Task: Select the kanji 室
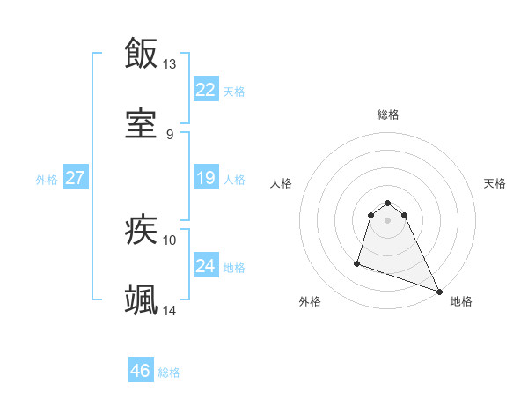(141, 124)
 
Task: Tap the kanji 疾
(141, 230)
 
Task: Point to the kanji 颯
(141, 300)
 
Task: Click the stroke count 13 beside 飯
(170, 64)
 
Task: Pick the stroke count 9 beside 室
(170, 135)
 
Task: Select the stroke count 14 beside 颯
(170, 311)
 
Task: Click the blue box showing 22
(206, 90)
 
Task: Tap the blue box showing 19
(206, 178)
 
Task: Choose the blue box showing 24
(206, 266)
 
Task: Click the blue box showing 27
(76, 178)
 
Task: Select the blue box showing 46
(141, 371)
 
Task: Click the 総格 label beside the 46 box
(170, 373)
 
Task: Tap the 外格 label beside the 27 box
(47, 180)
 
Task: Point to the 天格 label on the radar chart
(495, 183)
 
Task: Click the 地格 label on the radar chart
(461, 302)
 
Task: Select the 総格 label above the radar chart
(388, 115)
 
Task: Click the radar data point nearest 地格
(438, 292)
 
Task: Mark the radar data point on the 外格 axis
(357, 262)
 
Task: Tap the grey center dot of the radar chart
(388, 220)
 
